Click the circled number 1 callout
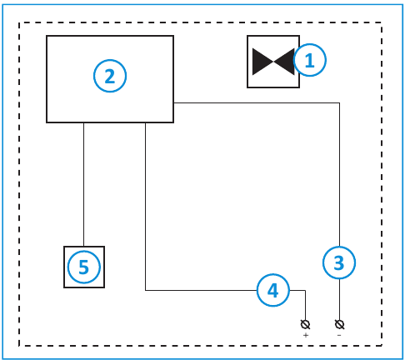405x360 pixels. point(309,61)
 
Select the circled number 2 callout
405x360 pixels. point(109,77)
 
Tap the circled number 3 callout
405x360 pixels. point(338,263)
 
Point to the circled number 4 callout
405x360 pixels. point(272,290)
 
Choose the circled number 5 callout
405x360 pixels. point(83,267)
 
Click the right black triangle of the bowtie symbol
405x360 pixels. point(282,62)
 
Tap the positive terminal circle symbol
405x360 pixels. point(306,322)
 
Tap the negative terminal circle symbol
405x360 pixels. point(339,322)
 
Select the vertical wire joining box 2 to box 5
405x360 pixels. point(83,183)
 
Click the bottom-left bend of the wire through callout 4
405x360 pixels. point(146,290)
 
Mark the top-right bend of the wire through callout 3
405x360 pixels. point(339,102)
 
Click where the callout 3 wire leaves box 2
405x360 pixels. point(173,102)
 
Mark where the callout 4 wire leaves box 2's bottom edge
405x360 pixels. point(146,122)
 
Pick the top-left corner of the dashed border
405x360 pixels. point(19,22)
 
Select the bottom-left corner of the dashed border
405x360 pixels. point(19,345)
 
